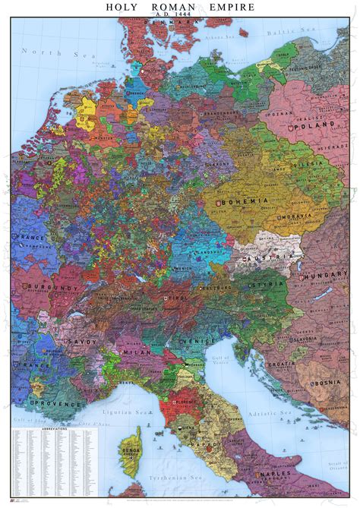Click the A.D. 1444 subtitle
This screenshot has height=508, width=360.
pos(180,15)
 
